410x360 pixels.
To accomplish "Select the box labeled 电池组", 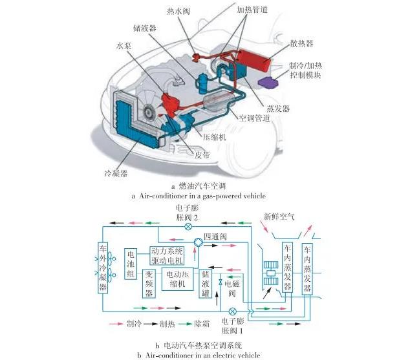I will [x=132, y=264].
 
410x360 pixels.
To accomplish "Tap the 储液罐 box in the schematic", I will [x=207, y=282].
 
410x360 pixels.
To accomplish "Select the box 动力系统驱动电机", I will [x=167, y=256].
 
